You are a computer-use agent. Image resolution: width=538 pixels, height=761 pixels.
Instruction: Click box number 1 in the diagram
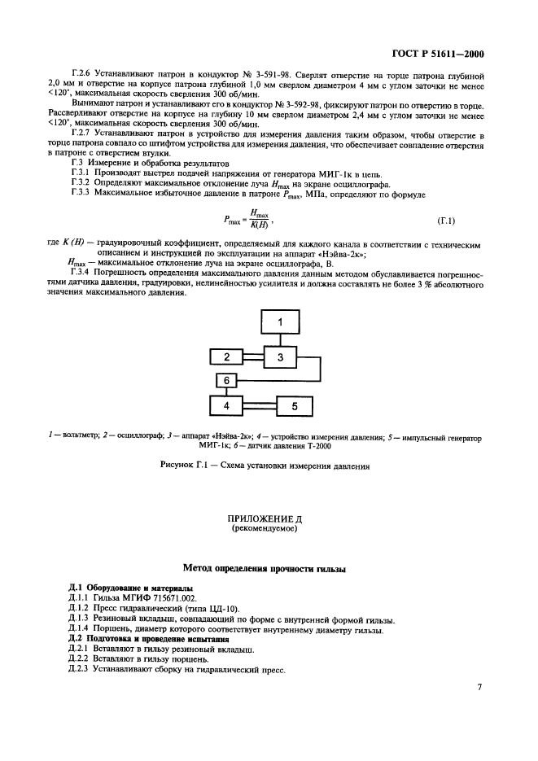(x=279, y=323)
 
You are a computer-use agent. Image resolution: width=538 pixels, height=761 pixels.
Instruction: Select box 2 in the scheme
(x=228, y=356)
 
